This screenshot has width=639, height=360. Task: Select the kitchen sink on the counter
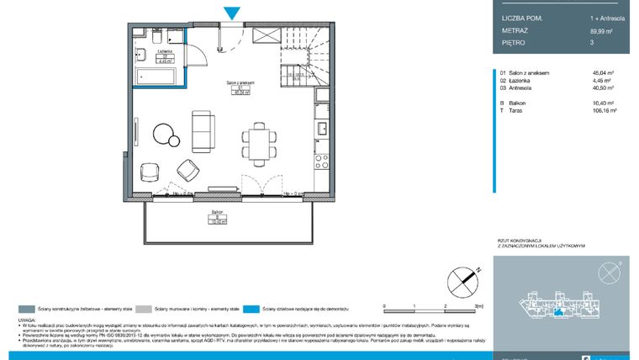click(x=319, y=128)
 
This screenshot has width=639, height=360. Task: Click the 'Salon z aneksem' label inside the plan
click(x=240, y=82)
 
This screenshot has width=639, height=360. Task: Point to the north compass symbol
click(x=461, y=277)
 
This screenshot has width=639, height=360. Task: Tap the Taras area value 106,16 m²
click(x=605, y=110)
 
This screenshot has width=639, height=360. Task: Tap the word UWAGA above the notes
click(x=26, y=320)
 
